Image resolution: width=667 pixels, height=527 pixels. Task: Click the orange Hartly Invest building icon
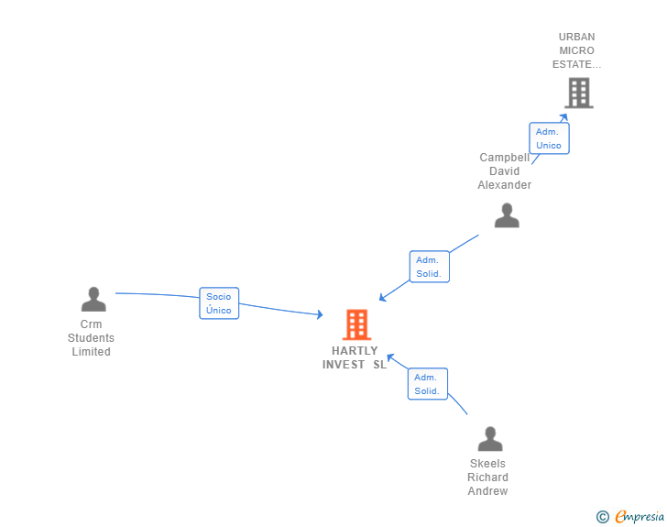[x=356, y=324]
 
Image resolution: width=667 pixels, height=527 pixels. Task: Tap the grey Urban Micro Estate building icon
[x=578, y=93]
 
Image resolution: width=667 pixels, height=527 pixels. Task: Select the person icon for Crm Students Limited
[x=93, y=300]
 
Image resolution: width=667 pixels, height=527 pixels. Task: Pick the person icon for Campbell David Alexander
[x=507, y=215]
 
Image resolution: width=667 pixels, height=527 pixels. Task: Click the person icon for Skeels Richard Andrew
[x=490, y=439]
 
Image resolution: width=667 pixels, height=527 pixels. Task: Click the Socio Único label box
[x=219, y=303]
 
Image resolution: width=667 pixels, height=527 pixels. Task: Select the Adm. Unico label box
[x=549, y=138]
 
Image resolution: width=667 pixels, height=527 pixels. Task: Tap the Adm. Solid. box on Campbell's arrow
[x=429, y=267]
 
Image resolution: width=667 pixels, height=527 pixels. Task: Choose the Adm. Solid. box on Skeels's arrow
[x=427, y=384]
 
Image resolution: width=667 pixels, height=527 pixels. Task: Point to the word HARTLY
[x=355, y=351]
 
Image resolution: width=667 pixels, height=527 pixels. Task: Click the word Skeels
[x=487, y=464]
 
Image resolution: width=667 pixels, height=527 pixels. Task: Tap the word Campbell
[x=504, y=158]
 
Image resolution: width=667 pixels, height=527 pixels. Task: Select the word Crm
[x=92, y=324]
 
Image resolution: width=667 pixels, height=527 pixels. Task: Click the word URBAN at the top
[x=577, y=38]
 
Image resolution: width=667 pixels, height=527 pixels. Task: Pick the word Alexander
[x=504, y=185]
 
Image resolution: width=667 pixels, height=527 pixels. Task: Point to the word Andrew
[x=487, y=491]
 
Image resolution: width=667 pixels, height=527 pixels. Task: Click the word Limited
[x=92, y=352]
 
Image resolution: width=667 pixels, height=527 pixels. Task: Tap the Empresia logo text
[x=640, y=517]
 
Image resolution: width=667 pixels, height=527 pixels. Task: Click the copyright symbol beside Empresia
[x=603, y=517]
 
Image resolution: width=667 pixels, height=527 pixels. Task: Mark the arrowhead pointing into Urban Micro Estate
[x=565, y=115]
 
